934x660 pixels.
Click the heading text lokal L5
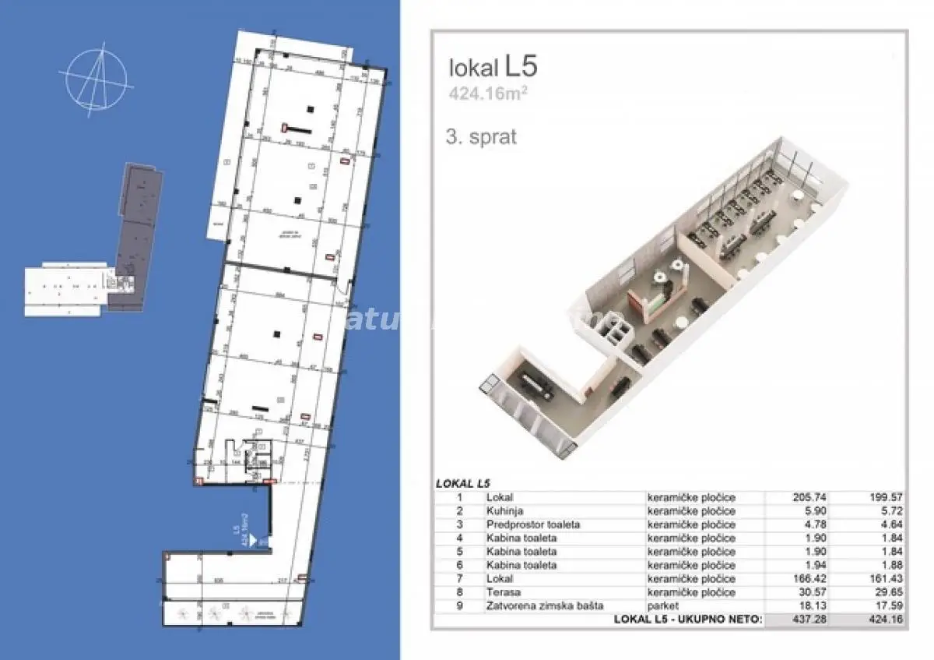click(x=493, y=67)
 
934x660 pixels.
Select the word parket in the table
click(x=663, y=605)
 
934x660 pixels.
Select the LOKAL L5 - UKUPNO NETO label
click(x=685, y=619)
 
